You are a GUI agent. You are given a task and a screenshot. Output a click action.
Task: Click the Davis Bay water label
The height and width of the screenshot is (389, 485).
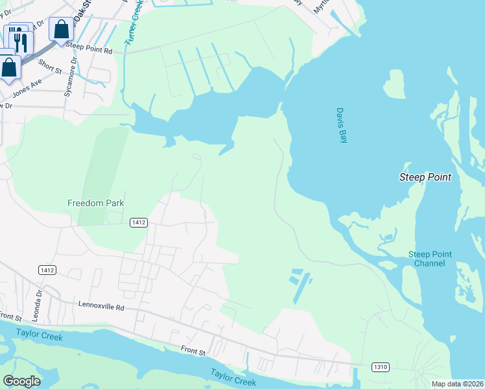pos(342,126)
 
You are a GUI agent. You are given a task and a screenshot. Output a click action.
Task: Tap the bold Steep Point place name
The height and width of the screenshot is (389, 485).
pos(424,177)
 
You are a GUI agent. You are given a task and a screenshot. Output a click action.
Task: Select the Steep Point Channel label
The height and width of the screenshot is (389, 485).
pos(430,259)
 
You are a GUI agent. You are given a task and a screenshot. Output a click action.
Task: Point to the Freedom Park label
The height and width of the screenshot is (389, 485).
pos(95,203)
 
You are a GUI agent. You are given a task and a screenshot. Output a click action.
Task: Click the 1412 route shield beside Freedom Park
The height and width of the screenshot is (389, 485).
pos(138,222)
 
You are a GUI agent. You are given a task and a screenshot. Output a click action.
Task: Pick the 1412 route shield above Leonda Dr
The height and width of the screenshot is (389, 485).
pos(47,270)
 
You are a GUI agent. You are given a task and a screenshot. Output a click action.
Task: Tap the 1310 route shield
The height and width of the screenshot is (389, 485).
pos(381,367)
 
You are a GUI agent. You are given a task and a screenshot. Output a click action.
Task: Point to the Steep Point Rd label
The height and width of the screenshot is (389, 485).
pos(89,50)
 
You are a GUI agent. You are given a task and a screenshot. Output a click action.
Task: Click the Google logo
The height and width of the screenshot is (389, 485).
pos(21,381)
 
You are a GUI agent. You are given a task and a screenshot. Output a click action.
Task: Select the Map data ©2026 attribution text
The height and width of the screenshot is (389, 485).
pos(457,384)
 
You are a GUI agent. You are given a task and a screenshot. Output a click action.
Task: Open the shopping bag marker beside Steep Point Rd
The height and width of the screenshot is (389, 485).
pos(61,30)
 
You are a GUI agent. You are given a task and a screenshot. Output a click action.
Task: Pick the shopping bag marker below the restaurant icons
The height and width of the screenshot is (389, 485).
pos(9,66)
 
